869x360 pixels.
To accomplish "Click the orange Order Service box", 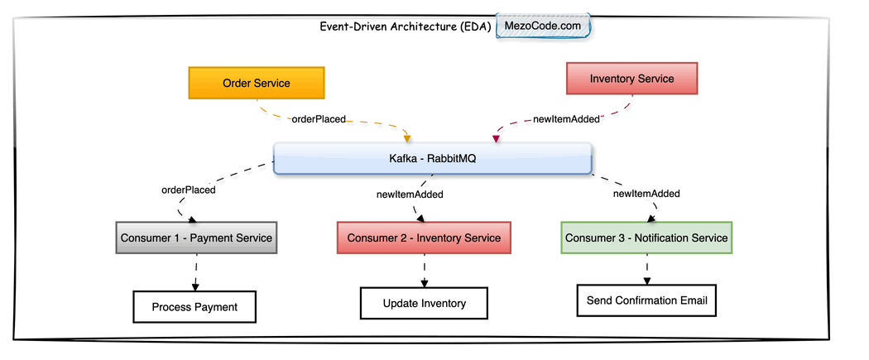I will (x=257, y=83).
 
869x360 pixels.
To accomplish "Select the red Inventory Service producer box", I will (x=632, y=79).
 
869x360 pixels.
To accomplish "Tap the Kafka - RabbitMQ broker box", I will (x=432, y=158).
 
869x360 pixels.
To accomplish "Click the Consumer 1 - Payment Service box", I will (x=196, y=238).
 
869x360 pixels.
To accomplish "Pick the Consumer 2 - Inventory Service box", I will (x=424, y=238).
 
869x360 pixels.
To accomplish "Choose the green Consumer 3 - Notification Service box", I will (x=646, y=238).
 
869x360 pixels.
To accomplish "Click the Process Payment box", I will (x=194, y=307).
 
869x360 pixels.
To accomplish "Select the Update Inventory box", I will (x=424, y=304).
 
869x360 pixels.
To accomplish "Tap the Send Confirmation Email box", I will (x=646, y=300).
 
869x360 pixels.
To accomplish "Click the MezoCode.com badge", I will (x=543, y=26).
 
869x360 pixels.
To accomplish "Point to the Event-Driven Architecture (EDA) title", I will (x=406, y=26).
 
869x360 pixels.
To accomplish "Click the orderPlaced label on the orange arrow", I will (x=319, y=119).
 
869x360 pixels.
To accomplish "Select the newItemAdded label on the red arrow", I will (x=566, y=119).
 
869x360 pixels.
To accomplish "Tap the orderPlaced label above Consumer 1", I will (x=188, y=190).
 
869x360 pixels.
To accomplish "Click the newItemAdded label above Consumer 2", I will (x=410, y=194).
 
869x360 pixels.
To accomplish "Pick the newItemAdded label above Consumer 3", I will (x=646, y=194).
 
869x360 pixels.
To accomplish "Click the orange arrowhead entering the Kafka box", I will (x=406, y=137).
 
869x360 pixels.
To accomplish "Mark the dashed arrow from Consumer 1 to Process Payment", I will (x=196, y=272).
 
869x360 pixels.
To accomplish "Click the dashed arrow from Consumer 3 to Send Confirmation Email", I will (x=646, y=269).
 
